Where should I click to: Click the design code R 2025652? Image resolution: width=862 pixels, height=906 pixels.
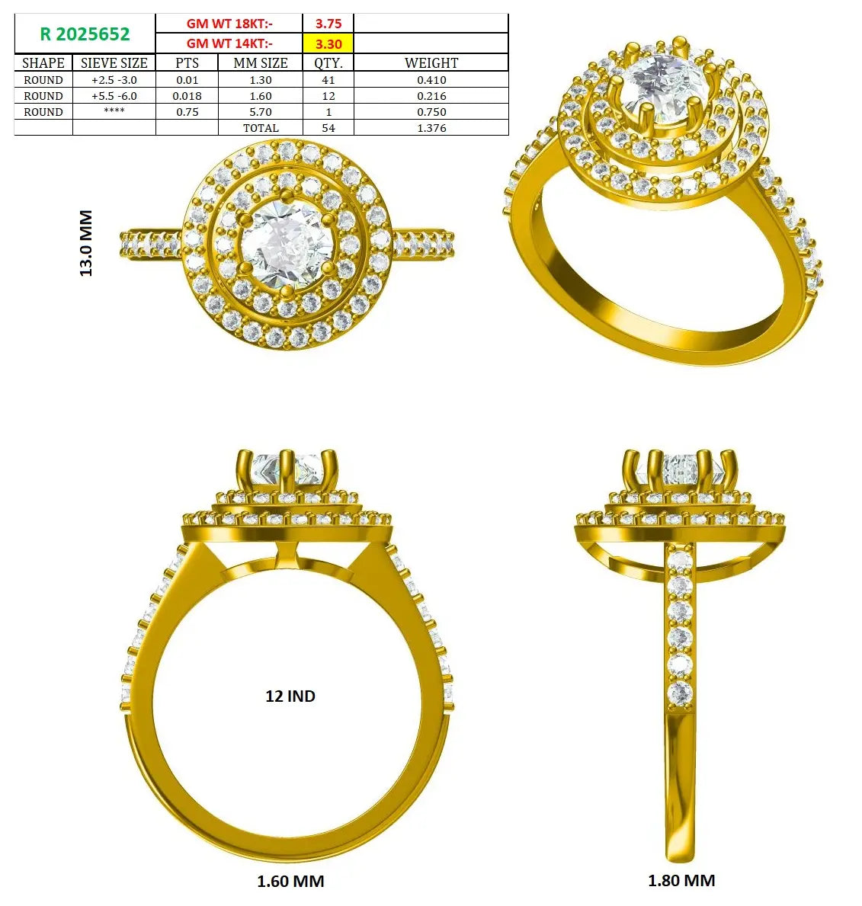(85, 34)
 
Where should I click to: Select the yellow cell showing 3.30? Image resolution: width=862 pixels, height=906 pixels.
(328, 43)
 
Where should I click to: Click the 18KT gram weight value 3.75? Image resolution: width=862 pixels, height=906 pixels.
(328, 24)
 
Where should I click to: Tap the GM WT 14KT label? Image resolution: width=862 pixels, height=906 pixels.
(229, 43)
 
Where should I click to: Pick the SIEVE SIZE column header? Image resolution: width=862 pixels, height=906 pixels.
(114, 63)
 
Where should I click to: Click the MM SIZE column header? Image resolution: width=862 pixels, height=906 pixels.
(261, 63)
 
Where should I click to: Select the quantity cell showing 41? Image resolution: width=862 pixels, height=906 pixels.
(328, 80)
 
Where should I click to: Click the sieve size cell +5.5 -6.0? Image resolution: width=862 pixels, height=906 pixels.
(114, 96)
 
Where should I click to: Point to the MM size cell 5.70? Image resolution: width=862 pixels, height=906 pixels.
(261, 112)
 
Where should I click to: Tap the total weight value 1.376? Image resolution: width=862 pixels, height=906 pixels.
(431, 128)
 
